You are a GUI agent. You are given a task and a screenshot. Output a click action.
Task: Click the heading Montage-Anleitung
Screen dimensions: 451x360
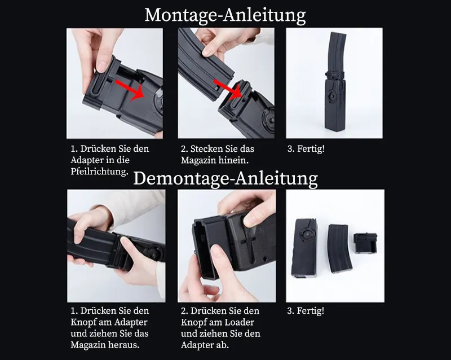coord(225,15)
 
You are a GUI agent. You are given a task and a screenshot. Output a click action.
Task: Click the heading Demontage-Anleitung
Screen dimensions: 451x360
coord(225,178)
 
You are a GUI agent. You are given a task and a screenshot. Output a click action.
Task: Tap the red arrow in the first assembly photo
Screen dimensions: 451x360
coord(130,90)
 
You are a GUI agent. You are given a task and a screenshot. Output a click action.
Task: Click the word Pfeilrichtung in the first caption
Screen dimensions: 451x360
coord(100,172)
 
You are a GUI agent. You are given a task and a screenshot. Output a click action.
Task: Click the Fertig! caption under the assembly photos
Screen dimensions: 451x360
coord(306,149)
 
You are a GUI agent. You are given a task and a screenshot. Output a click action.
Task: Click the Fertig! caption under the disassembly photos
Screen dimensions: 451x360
coord(306,311)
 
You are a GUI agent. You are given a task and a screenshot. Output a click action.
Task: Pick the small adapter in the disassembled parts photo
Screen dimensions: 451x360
coord(365,243)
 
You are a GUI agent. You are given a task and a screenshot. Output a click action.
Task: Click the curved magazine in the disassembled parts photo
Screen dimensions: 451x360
coord(339,249)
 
